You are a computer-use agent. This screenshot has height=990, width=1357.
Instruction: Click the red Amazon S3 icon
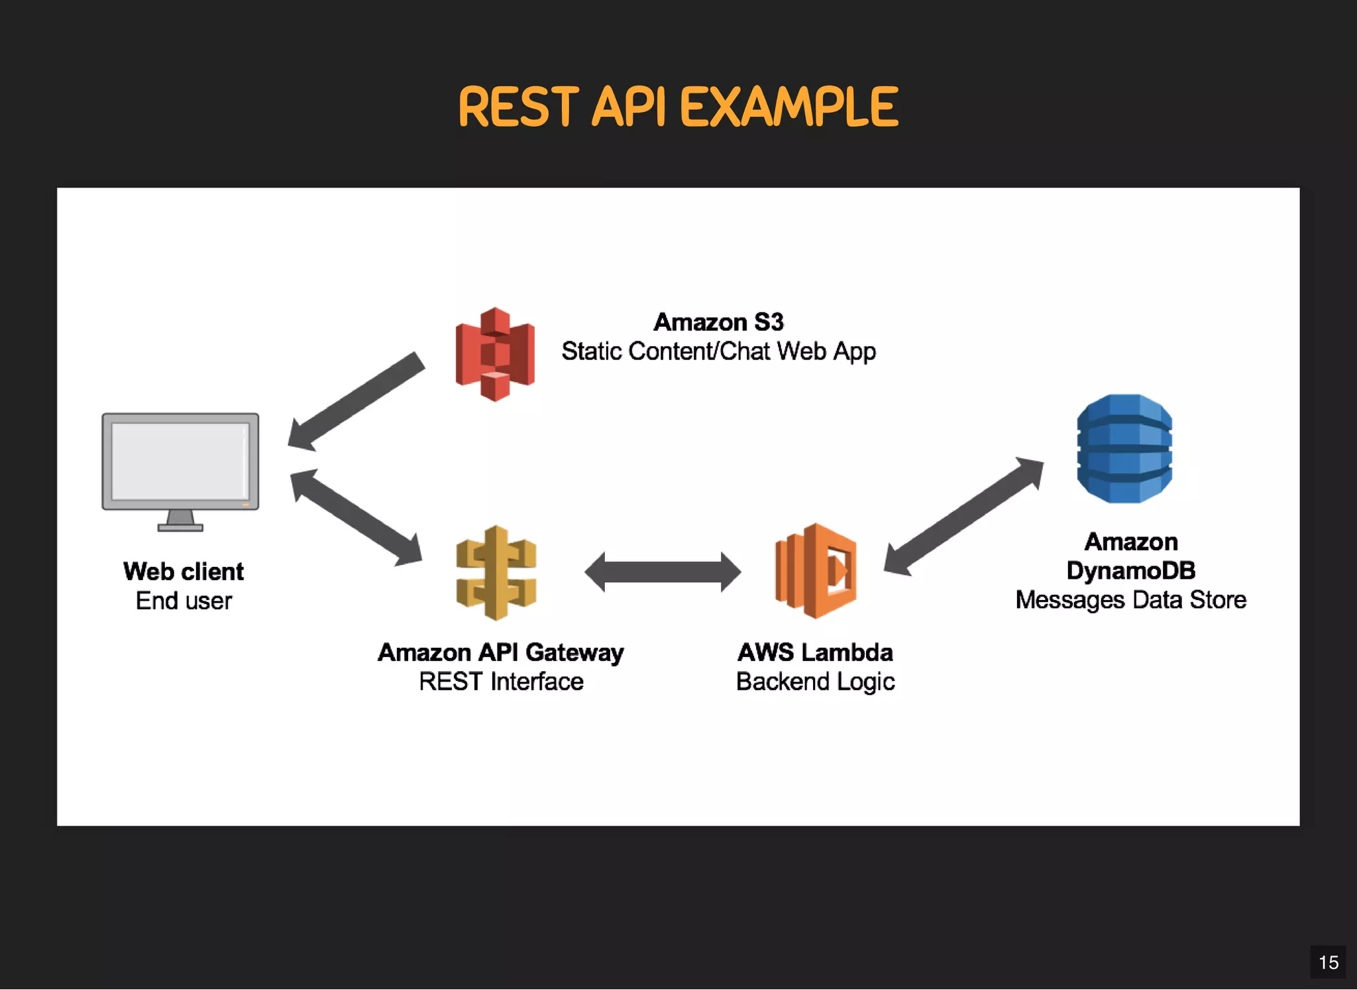pyautogui.click(x=495, y=354)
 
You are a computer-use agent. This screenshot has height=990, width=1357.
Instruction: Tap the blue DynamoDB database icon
pyautogui.click(x=1124, y=449)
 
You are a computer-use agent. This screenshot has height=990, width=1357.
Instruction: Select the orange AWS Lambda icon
pyautogui.click(x=816, y=571)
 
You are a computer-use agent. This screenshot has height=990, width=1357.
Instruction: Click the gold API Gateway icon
pyautogui.click(x=496, y=573)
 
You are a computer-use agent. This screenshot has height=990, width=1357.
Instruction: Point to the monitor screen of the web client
pyautogui.click(x=180, y=461)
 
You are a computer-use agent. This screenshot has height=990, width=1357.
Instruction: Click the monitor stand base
pyautogui.click(x=180, y=528)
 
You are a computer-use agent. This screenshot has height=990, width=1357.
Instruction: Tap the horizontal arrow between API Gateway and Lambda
pyautogui.click(x=663, y=572)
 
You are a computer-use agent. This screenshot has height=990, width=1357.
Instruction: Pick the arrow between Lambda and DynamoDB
pyautogui.click(x=963, y=516)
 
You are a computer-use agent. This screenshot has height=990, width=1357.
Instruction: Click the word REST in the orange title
pyautogui.click(x=518, y=107)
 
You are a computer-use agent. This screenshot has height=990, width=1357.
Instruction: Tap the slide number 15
pyautogui.click(x=1328, y=962)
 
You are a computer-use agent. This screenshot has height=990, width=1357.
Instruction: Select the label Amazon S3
pyautogui.click(x=718, y=322)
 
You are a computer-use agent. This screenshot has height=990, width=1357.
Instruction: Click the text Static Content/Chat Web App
pyautogui.click(x=718, y=351)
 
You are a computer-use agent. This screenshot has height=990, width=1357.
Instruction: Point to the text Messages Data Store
pyautogui.click(x=1130, y=600)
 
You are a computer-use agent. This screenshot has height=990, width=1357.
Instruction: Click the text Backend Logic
pyautogui.click(x=815, y=682)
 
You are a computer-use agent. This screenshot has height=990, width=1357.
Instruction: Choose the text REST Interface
pyautogui.click(x=501, y=682)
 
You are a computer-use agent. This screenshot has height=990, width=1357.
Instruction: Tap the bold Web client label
pyautogui.click(x=184, y=572)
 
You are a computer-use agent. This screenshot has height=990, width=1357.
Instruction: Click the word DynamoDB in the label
pyautogui.click(x=1130, y=571)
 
